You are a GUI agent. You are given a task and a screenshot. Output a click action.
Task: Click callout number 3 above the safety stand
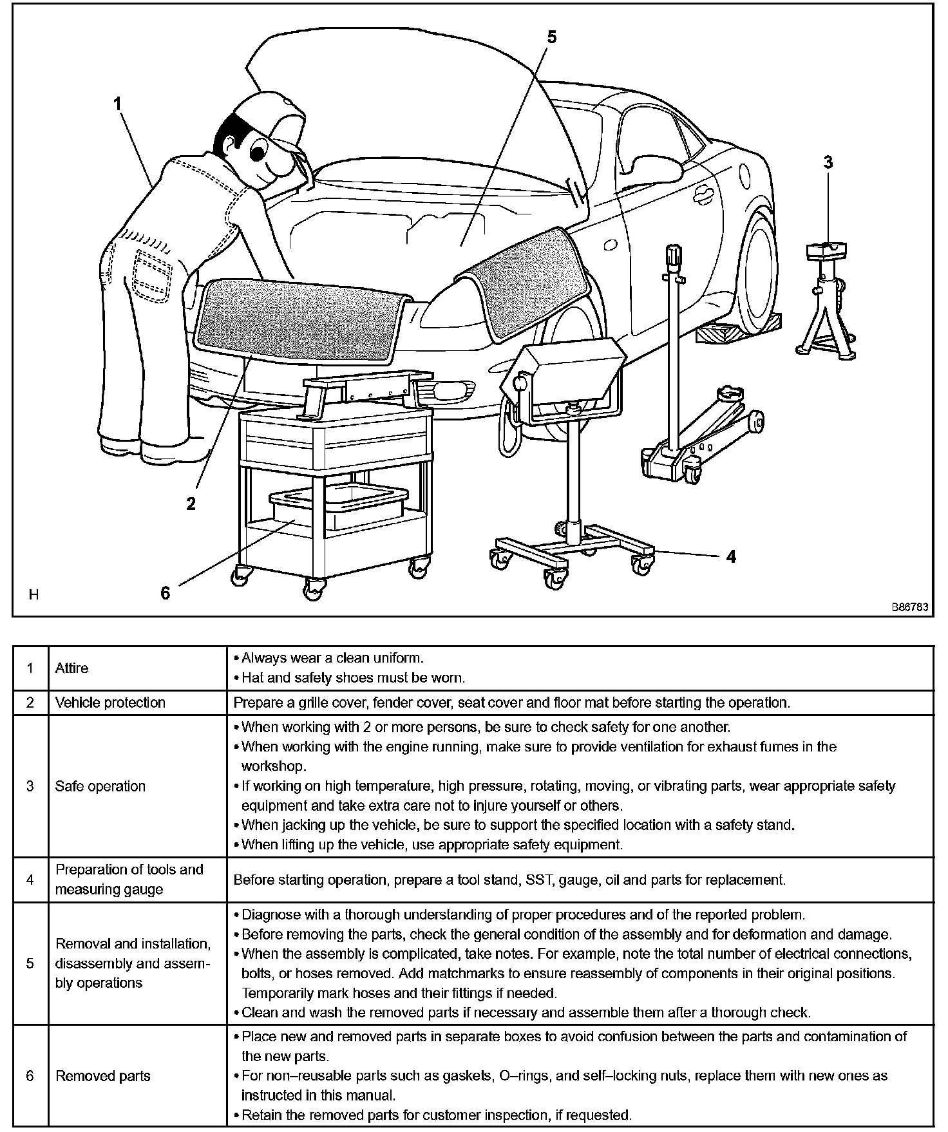(x=828, y=162)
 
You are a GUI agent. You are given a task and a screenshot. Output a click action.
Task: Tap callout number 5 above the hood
(x=551, y=37)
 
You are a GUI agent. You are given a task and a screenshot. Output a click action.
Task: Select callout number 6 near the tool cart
(x=166, y=593)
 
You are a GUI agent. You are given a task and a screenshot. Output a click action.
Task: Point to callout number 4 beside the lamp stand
(x=731, y=556)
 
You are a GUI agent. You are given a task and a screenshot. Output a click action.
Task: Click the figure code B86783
(x=909, y=607)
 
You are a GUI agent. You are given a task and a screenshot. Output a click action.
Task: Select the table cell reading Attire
(x=72, y=668)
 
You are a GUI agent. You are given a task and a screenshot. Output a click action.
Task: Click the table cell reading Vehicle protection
(x=110, y=703)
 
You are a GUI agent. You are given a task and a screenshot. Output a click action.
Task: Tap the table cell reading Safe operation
(x=100, y=786)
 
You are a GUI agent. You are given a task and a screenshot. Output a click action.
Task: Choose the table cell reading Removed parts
(x=103, y=1076)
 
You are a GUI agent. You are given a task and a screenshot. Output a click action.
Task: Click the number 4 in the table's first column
(x=30, y=880)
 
